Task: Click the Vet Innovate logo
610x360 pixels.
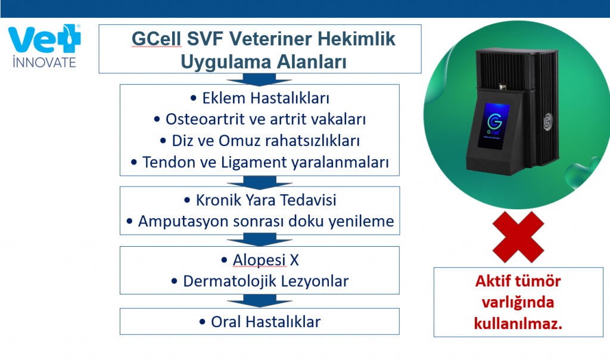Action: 44,46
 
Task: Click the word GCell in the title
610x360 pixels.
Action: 157,39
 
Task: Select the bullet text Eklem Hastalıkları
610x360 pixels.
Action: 266,98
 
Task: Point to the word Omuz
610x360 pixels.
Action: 236,141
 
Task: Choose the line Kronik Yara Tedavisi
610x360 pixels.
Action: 266,200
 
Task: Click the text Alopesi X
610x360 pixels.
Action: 266,260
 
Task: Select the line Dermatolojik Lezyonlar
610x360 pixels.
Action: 266,281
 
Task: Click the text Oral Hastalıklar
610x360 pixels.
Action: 266,322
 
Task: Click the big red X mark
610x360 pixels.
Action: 518,237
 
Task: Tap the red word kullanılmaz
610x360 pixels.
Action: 518,324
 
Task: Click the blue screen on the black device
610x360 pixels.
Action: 493,126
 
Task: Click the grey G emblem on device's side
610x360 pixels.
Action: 548,122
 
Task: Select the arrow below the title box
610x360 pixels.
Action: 260,79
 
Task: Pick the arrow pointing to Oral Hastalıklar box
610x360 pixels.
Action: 260,301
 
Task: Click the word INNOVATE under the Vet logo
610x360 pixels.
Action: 44,62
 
